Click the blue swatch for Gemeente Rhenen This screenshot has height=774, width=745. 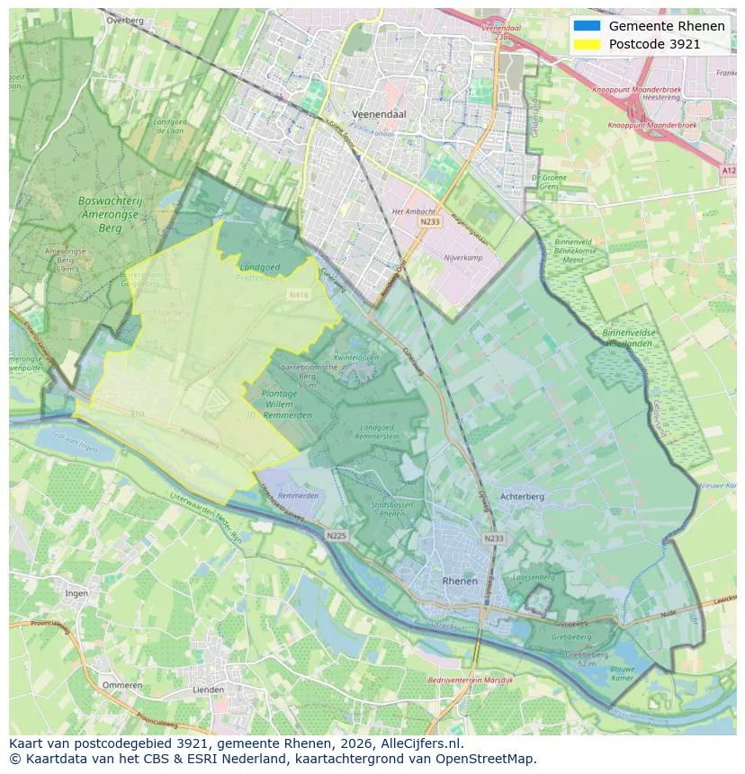pyautogui.click(x=586, y=25)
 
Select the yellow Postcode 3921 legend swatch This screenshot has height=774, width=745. pyautogui.click(x=586, y=44)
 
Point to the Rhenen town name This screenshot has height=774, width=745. pyautogui.click(x=460, y=582)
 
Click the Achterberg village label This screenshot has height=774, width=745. pyautogui.click(x=522, y=496)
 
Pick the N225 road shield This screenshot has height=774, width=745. pyautogui.click(x=337, y=536)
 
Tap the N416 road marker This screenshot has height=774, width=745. pyautogui.click(x=298, y=294)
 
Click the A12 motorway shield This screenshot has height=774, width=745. pyautogui.click(x=729, y=169)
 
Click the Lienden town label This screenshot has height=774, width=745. pyautogui.click(x=209, y=689)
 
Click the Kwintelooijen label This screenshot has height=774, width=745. pyautogui.click(x=355, y=357)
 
